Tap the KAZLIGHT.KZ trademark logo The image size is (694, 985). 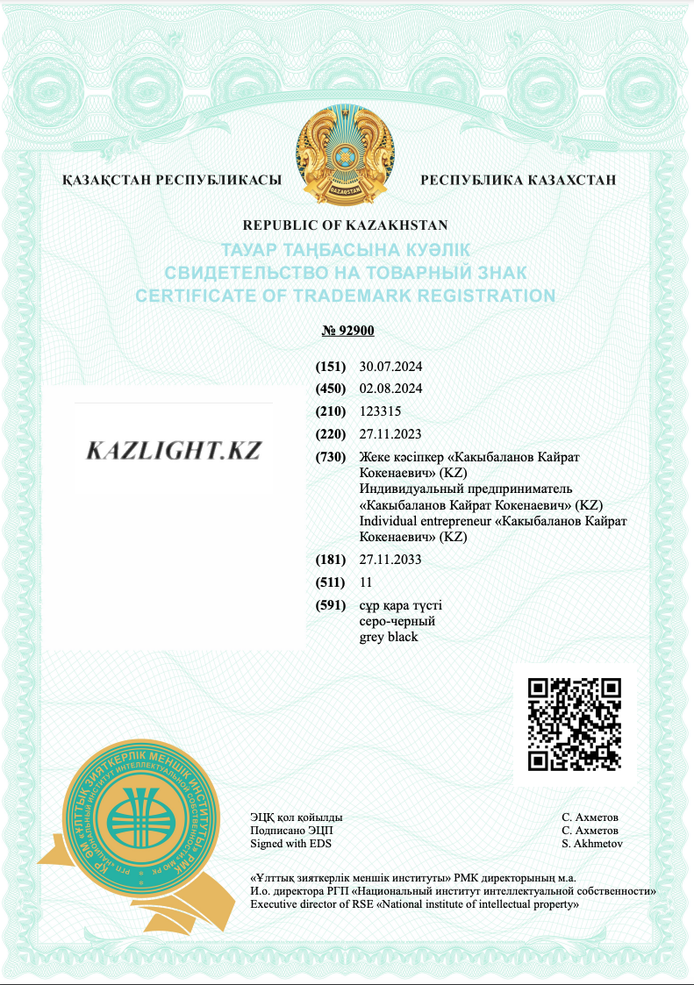174,451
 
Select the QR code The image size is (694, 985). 575,724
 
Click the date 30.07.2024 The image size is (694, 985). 391,366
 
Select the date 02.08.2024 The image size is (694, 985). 391,389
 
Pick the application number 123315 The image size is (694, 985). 379,410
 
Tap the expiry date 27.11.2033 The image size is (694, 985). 391,560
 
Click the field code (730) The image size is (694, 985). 332,458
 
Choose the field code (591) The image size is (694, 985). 332,606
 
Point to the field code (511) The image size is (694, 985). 332,582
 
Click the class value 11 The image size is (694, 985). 367,582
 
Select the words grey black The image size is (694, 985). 389,637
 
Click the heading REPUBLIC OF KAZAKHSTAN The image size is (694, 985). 345,225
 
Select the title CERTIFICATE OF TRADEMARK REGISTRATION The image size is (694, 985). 345,296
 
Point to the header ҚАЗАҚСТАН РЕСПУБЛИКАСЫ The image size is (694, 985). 172,180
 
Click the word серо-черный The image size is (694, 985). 397,621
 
